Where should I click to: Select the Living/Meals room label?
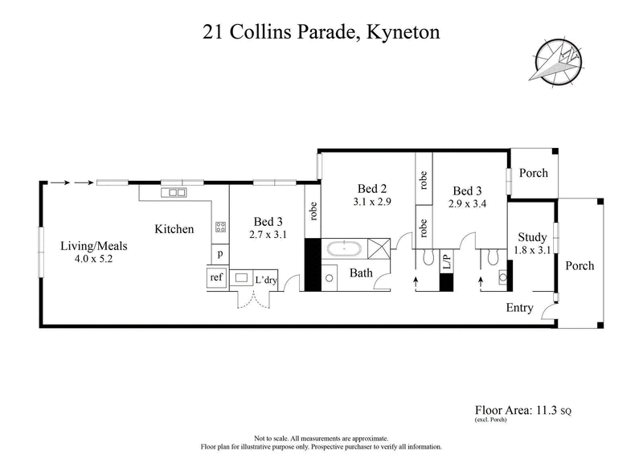[94, 246]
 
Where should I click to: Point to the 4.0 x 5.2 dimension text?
[94, 260]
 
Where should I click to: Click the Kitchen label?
[174, 229]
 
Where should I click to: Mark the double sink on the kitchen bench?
[174, 193]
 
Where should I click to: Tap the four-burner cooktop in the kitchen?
[219, 227]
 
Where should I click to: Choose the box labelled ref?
[216, 277]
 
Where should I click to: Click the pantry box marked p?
[219, 254]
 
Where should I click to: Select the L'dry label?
[266, 280]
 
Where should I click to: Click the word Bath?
[360, 273]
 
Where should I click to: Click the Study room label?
[532, 237]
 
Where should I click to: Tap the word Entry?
[519, 308]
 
